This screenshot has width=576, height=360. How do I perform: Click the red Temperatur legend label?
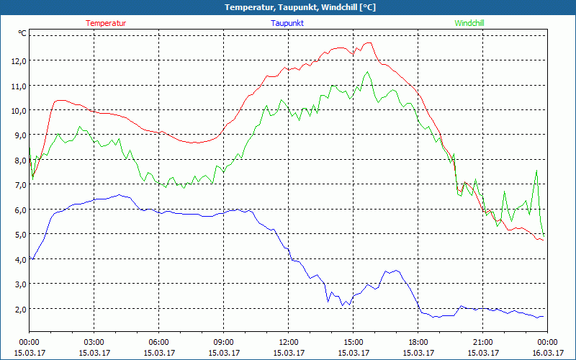tap(106, 23)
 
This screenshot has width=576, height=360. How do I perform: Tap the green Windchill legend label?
tap(469, 23)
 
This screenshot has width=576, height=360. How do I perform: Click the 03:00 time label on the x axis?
tap(94, 342)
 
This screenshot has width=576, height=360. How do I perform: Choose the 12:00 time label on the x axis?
tap(288, 342)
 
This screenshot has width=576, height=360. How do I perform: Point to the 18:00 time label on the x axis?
tap(418, 342)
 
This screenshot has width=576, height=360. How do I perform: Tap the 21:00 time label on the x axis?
tap(482, 342)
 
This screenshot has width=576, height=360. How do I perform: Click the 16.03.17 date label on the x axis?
tap(547, 353)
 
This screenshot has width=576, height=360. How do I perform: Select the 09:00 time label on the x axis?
tap(223, 342)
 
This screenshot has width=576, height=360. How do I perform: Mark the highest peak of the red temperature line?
tap(369, 42)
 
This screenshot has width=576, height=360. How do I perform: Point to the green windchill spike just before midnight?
tap(536, 171)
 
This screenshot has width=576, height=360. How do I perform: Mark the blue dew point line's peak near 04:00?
tap(120, 194)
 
